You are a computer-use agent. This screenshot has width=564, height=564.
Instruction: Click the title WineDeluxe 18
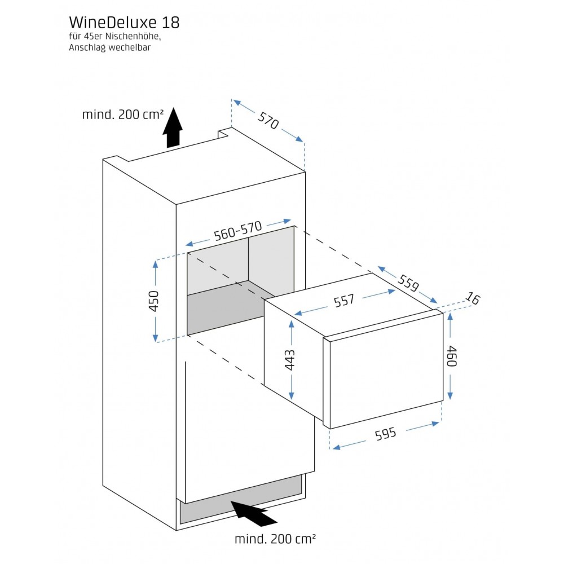point(124,23)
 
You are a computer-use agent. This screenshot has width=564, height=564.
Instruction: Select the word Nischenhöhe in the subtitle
point(130,37)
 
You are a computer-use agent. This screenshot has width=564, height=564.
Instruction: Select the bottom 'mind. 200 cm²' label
point(275,539)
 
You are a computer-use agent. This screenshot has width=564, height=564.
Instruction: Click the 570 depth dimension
point(268,120)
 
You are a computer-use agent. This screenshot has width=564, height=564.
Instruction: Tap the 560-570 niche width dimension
point(238,232)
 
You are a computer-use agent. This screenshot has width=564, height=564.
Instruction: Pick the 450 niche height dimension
point(154,301)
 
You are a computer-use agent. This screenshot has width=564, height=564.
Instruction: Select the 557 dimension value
point(344,301)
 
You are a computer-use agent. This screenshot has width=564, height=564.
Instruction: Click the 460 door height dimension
point(451,356)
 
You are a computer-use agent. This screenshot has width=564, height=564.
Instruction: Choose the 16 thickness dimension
point(473,299)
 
